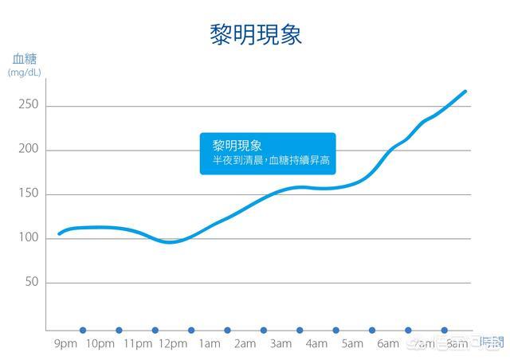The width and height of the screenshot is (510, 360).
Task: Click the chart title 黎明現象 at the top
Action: click(256, 35)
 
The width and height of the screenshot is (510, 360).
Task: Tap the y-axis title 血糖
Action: click(24, 58)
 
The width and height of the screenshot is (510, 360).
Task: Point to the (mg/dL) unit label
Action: click(25, 72)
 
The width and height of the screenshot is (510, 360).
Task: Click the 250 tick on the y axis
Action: click(29, 106)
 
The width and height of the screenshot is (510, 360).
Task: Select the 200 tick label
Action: click(29, 150)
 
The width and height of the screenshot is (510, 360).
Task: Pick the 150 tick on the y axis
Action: click(29, 194)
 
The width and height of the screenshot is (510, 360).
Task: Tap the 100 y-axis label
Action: click(29, 238)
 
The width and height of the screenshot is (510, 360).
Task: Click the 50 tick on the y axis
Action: click(32, 283)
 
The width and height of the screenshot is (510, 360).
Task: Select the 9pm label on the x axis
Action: click(65, 344)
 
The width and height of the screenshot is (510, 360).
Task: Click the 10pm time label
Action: click(100, 344)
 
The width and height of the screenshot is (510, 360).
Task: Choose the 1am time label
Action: click(209, 344)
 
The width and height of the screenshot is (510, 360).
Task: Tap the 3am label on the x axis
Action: click(280, 344)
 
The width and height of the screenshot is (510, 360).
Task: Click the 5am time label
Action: click(352, 344)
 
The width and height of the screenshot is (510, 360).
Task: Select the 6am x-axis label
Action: click(388, 344)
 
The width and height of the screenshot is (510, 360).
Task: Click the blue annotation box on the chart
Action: click(268, 153)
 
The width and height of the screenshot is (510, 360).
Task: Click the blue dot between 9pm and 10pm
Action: click(83, 330)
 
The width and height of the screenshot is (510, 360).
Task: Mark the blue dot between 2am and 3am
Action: click(263, 330)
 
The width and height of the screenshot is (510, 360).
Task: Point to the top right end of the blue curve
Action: click(465, 92)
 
